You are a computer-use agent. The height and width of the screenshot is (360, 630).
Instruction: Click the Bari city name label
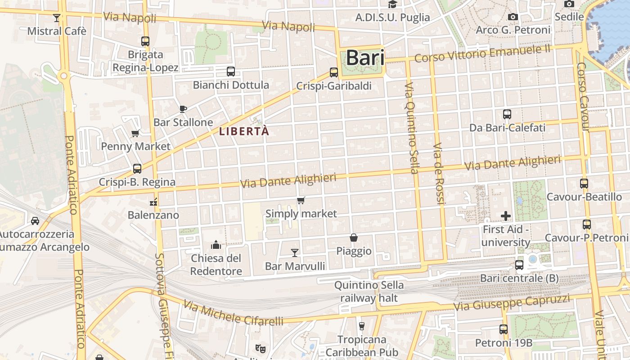365,58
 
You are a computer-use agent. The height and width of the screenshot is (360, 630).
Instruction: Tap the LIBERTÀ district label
244,131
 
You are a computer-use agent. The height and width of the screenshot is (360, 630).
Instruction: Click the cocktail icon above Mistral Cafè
57,18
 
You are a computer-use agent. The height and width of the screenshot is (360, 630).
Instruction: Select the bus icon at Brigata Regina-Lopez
145,41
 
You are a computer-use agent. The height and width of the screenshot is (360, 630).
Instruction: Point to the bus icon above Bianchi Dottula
230,72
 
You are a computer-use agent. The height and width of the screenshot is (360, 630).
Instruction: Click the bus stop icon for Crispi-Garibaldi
333,72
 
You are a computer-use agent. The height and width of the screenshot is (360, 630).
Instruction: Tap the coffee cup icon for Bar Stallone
183,109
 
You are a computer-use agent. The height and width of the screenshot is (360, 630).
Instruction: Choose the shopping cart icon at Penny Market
135,133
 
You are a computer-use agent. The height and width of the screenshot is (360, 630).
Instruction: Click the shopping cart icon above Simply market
301,200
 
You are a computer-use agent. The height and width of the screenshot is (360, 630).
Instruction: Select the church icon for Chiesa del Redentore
216,245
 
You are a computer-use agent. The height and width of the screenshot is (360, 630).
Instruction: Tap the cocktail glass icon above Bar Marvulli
295,253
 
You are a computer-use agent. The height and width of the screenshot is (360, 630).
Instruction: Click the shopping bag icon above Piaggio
354,238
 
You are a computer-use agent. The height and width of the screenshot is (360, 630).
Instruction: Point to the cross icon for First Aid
506,216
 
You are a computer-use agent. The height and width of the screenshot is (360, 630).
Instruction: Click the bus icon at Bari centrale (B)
519,265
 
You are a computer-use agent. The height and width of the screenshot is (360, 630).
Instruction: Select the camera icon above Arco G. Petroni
513,17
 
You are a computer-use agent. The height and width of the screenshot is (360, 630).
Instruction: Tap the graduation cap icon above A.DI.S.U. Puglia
392,4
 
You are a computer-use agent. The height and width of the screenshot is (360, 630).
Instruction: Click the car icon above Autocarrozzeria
35,221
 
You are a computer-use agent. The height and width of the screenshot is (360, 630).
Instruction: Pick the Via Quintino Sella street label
411,128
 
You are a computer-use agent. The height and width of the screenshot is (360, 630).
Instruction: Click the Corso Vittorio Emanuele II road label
482,54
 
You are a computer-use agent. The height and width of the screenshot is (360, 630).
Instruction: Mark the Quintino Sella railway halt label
369,292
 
